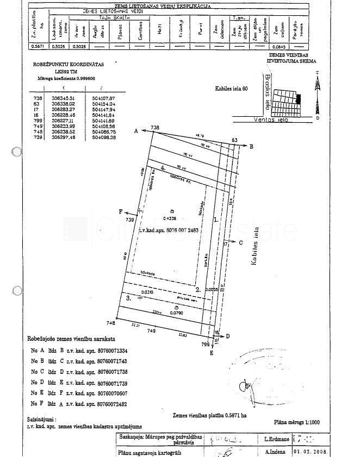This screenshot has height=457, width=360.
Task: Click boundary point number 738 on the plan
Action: coord(156,128)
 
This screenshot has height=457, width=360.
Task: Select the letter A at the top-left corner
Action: coord(135,131)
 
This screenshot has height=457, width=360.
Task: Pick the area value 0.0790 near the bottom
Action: coord(175,313)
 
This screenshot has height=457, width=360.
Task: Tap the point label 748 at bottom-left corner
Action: coord(111,323)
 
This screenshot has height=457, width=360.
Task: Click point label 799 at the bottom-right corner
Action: coord(205,345)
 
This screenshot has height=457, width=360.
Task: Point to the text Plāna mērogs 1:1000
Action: coord(296,422)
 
